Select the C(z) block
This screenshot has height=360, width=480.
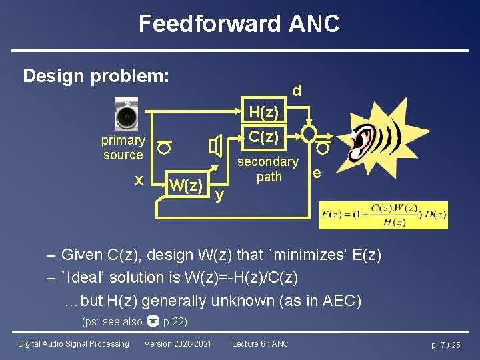[x=264, y=137]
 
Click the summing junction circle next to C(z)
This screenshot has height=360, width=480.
[x=309, y=134]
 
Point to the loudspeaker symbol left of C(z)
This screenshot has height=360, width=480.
[x=215, y=145]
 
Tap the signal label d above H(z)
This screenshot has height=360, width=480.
[x=296, y=90]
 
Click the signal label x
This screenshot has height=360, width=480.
[x=139, y=180]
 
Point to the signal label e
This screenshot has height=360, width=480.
[x=318, y=173]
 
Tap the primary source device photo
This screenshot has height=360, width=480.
[x=127, y=114]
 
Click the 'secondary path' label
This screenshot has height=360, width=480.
[x=268, y=169]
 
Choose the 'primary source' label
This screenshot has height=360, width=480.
[x=123, y=147]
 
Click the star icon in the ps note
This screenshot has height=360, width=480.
[x=153, y=322]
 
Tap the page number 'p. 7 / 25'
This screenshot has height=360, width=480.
[x=445, y=345]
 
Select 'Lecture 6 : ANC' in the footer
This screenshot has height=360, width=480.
[x=260, y=344]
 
